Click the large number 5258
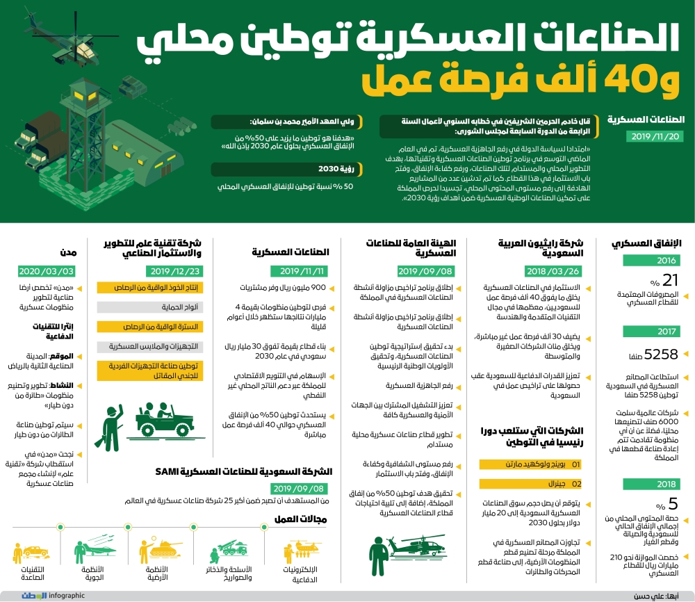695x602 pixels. (660, 355)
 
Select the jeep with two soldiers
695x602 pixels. (161, 416)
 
